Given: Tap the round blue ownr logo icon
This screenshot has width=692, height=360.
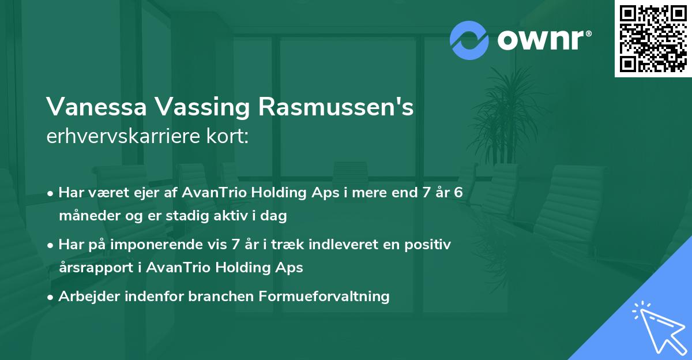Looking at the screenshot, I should [469, 40].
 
